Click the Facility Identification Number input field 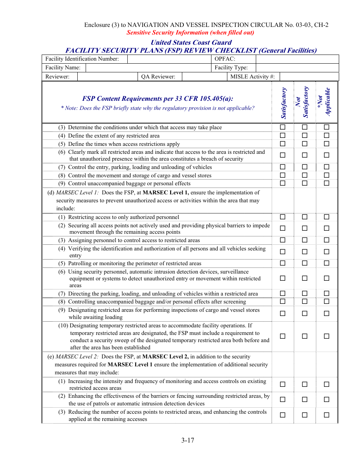[x=169, y=59]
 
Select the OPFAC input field [x=297, y=59]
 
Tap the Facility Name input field [x=148, y=68]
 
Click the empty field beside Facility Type [x=297, y=68]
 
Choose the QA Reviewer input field [x=204, y=77]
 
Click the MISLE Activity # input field [x=309, y=77]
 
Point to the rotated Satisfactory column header [x=283, y=103]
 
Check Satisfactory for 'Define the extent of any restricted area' [x=283, y=136]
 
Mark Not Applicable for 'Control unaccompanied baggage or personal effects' [x=327, y=183]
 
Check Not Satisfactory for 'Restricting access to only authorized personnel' [x=305, y=217]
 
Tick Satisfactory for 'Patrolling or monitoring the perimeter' [x=283, y=263]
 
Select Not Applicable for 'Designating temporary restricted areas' [x=327, y=336]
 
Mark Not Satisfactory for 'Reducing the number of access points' [x=305, y=415]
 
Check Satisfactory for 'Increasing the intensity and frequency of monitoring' [x=283, y=384]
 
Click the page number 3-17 [x=188, y=440]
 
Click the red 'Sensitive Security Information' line [x=190, y=33]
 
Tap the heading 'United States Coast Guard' [x=191, y=42]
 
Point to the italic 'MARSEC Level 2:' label [x=77, y=357]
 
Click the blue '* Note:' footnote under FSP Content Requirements [x=158, y=108]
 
